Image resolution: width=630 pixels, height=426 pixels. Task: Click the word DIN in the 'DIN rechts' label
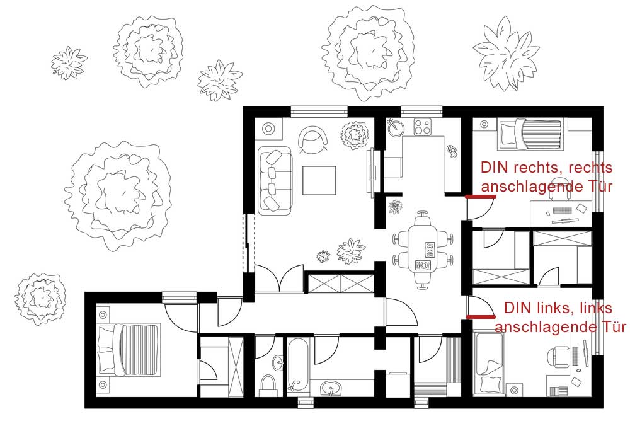click(x=495, y=168)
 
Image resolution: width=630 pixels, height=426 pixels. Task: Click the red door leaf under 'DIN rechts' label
click(x=481, y=197)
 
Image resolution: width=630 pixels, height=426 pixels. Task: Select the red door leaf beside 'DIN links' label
click(x=481, y=317)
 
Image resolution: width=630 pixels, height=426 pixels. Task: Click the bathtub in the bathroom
click(x=298, y=367)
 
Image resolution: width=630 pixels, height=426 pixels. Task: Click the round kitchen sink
click(x=395, y=126)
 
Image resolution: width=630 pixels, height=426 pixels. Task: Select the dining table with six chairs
click(x=423, y=250)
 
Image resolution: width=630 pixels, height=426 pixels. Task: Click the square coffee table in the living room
click(x=319, y=180)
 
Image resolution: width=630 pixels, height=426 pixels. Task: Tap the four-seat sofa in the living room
click(x=275, y=180)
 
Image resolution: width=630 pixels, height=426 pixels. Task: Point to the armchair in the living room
click(x=313, y=139)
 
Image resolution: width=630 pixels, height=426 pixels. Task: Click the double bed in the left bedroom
click(x=129, y=350)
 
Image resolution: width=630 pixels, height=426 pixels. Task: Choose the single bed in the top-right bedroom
click(x=530, y=134)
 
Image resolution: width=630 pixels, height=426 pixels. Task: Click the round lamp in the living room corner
click(x=268, y=129)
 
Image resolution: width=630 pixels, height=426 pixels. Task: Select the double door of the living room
click(x=279, y=278)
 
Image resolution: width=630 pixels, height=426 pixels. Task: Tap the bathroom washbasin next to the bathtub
click(x=331, y=388)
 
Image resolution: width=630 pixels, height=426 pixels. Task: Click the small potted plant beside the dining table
click(x=396, y=207)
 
